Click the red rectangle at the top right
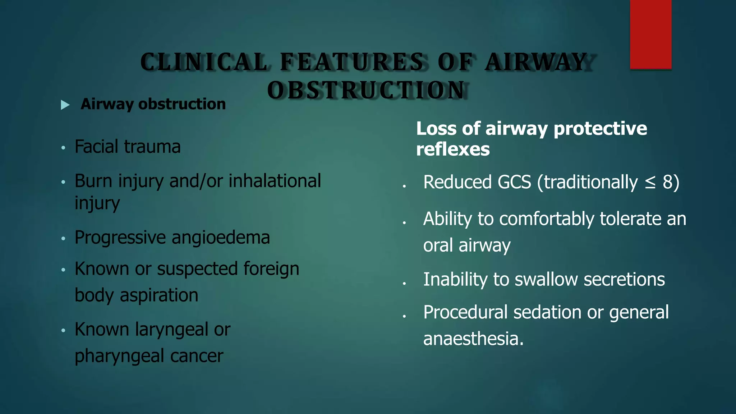650,34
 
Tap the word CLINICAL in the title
204,62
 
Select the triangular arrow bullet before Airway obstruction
65,105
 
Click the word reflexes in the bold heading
453,149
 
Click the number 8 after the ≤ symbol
667,182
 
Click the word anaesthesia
473,339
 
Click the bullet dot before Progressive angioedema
63,238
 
